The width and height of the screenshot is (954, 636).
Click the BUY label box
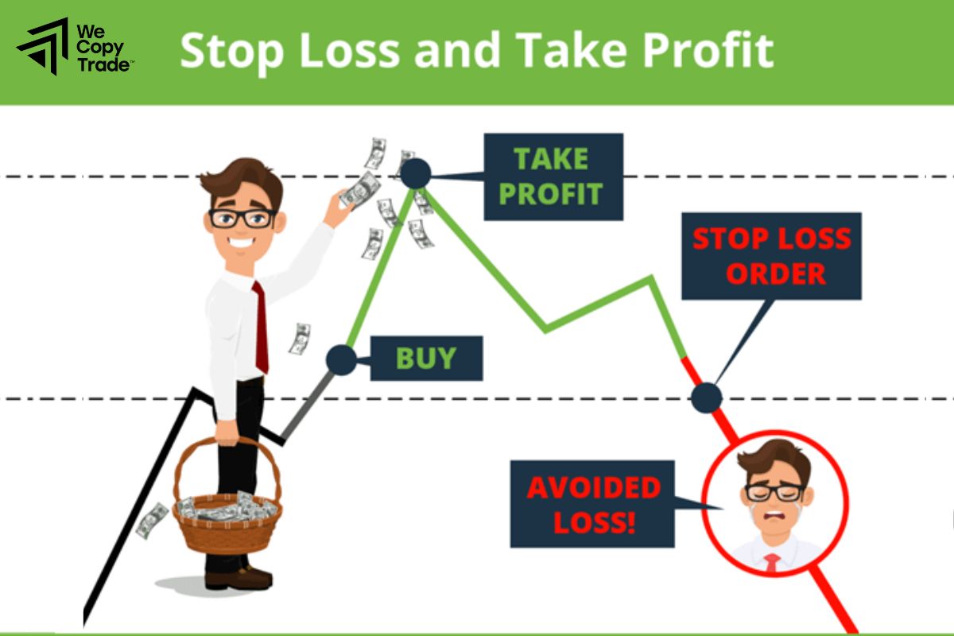click(x=426, y=359)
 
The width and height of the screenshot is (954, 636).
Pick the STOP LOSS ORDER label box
click(x=770, y=256)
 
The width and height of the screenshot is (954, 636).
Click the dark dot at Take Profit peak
click(x=415, y=173)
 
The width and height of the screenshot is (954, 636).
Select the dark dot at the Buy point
click(x=342, y=359)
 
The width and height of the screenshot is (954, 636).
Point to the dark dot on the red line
click(x=706, y=397)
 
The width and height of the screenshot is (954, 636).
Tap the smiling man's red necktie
click(x=260, y=326)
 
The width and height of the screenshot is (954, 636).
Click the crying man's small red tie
click(x=772, y=563)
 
